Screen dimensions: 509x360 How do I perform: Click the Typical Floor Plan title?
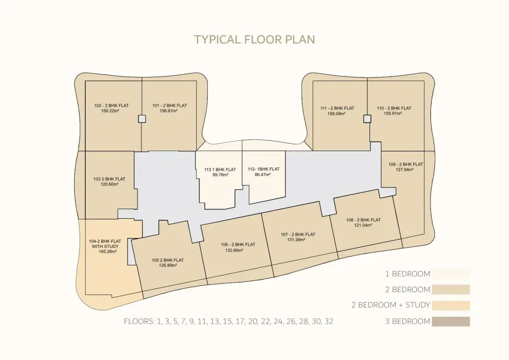click(254, 40)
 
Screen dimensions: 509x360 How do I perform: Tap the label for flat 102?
click(111, 105)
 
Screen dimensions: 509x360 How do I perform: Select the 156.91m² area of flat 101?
click(169, 111)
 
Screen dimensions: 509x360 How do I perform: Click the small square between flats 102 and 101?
click(142, 119)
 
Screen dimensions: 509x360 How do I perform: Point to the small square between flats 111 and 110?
click(367, 119)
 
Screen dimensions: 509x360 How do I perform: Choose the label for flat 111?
click(338, 108)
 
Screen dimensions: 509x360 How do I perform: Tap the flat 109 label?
click(406, 164)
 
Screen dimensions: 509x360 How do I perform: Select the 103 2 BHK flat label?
click(109, 179)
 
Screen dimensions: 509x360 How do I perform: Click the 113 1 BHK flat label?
click(220, 170)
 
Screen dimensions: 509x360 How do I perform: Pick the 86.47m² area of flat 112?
click(262, 175)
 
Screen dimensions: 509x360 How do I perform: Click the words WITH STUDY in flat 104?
click(105, 247)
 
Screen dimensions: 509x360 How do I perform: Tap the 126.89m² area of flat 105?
click(168, 266)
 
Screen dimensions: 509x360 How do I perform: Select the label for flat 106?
click(238, 245)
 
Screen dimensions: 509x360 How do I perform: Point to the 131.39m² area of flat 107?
click(296, 240)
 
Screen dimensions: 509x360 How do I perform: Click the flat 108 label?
click(363, 220)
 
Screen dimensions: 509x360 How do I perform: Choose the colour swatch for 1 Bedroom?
click(450, 274)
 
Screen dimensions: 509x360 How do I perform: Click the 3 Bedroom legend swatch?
click(450, 321)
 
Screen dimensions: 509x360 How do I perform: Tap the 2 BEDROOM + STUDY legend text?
click(391, 305)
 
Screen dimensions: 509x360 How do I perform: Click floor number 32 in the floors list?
click(329, 322)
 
